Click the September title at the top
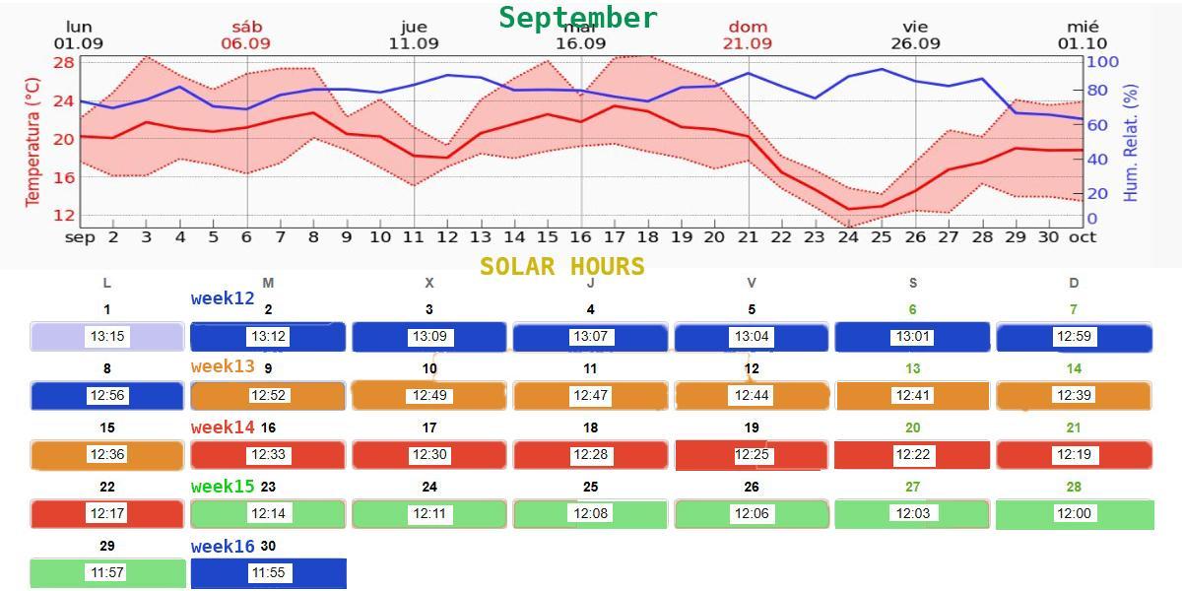[x=578, y=18]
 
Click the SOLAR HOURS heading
[x=562, y=267]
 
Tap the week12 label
[x=223, y=297]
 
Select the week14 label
[x=223, y=427]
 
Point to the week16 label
[x=223, y=546]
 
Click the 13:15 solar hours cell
[x=107, y=336]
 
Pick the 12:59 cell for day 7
[x=1074, y=336]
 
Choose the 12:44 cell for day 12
[x=752, y=395]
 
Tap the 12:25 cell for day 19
[x=752, y=455]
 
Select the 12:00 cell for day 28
[x=1074, y=513]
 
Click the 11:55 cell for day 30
[x=268, y=572]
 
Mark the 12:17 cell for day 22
[x=107, y=513]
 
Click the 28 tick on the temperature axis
[x=64, y=63]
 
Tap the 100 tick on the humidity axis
[x=1102, y=62]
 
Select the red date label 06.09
[x=245, y=43]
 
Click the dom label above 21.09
[x=748, y=27]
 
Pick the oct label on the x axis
[x=1083, y=237]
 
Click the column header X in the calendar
[x=428, y=283]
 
